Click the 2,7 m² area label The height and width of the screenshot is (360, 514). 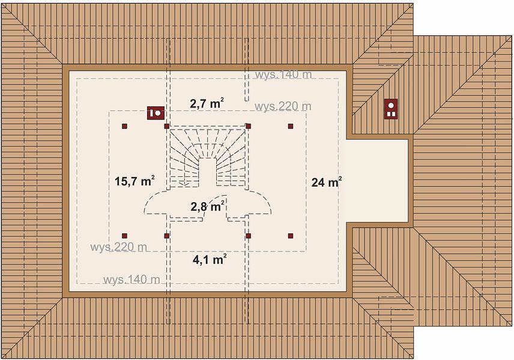(207, 104)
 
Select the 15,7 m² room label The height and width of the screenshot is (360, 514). (135, 181)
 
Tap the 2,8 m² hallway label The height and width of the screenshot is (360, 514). (208, 206)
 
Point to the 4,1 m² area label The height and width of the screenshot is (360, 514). (210, 259)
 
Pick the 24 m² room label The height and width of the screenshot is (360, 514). (327, 182)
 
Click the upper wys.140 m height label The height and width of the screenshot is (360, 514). (283, 74)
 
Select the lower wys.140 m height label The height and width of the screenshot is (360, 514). (132, 280)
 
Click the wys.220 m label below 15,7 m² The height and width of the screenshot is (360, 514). (119, 247)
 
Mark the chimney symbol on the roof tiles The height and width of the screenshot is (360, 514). (391, 109)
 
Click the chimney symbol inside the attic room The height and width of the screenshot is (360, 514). (156, 113)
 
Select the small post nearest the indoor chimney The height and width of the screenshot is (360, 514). (166, 126)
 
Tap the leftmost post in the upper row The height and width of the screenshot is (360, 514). (124, 126)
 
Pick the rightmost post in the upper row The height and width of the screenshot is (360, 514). (291, 126)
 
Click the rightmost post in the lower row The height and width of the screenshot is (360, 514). (291, 236)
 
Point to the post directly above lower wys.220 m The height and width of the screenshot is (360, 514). (124, 236)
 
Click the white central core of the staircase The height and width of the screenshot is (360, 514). (208, 172)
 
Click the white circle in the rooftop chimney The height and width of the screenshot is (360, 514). (391, 106)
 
